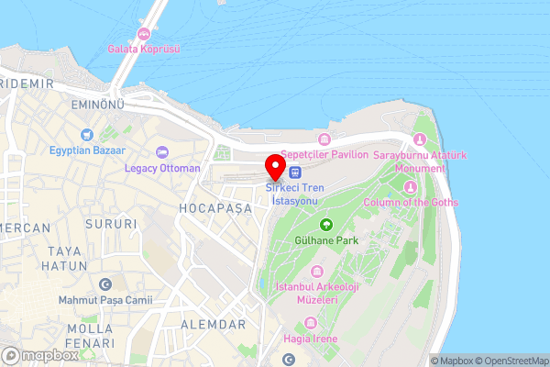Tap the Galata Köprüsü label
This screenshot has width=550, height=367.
click(x=143, y=48)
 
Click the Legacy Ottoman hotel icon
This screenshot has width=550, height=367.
click(x=163, y=152)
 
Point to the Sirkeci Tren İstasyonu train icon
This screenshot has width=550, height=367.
click(x=294, y=172)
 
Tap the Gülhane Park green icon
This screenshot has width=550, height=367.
click(x=325, y=225)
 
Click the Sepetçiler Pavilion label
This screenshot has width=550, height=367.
click(x=324, y=155)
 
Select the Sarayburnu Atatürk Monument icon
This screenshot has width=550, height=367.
click(x=420, y=139)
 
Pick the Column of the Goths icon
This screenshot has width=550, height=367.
click(x=410, y=187)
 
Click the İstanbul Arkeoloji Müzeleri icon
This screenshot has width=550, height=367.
click(x=316, y=272)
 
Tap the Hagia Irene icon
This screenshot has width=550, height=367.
click(x=309, y=322)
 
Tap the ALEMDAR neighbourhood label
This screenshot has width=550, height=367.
click(x=213, y=325)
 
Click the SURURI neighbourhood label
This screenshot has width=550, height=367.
click(x=109, y=223)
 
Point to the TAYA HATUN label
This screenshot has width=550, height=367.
click(x=64, y=258)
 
